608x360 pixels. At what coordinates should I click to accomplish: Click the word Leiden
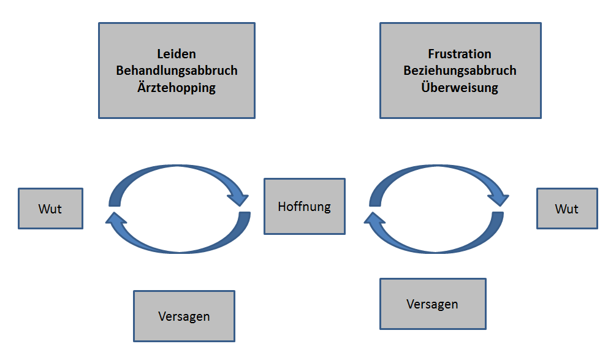pos(177,55)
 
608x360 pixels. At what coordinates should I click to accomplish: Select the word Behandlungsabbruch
pos(177,71)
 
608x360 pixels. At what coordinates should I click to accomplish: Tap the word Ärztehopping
pos(177,87)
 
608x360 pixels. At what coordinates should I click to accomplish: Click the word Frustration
pos(460,55)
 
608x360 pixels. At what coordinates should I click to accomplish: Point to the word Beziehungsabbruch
pos(460,71)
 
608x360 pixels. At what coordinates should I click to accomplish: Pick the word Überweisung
pos(460,87)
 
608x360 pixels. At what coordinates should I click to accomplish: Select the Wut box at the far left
pos(50,209)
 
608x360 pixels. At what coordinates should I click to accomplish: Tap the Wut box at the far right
pos(566,209)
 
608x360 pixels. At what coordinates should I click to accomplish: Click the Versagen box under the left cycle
pos(184,316)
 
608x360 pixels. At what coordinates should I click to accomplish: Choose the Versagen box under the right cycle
pos(432,304)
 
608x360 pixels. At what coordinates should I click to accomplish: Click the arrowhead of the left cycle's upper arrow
pos(238,198)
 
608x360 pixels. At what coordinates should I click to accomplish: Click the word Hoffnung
pos(304,207)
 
